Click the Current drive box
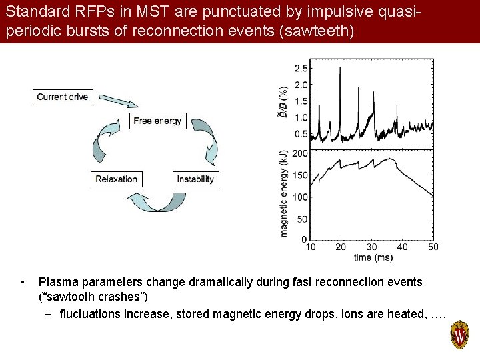tap(62, 97)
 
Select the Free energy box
tap(157, 121)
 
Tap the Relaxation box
tap(116, 179)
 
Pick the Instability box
tap(195, 179)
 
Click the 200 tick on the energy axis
tap(299, 153)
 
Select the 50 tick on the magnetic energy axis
tap(301, 219)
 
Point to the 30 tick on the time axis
tap(371, 247)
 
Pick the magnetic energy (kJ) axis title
tap(284, 193)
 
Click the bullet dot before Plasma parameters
tap(23, 282)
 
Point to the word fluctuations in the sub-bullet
tap(90, 313)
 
